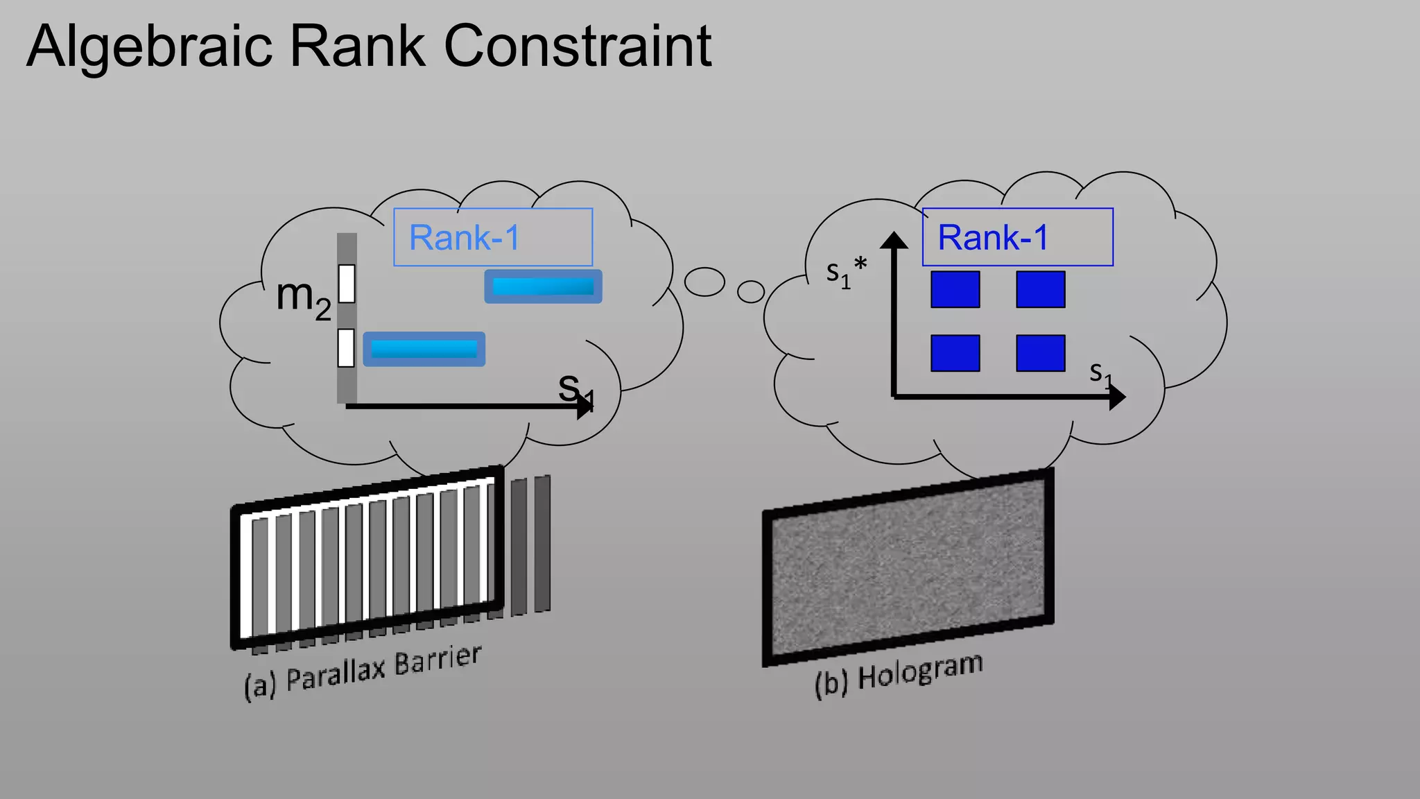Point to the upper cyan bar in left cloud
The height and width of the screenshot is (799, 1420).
[543, 286]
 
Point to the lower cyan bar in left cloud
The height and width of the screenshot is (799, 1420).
[424, 349]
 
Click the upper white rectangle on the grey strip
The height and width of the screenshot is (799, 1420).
[347, 284]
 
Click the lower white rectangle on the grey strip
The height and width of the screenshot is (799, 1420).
[346, 347]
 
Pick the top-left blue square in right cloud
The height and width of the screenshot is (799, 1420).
[955, 289]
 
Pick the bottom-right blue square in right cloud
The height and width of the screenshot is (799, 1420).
[1040, 353]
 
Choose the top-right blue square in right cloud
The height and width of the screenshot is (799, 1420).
[1040, 289]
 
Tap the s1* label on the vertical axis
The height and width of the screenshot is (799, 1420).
[845, 272]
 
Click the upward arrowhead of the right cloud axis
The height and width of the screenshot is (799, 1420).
[894, 240]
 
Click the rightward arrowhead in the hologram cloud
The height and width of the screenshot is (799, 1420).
[1116, 397]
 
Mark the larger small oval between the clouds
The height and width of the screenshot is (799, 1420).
[704, 282]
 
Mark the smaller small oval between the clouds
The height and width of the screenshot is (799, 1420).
[751, 291]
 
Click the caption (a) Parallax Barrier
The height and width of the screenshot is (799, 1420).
[363, 672]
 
